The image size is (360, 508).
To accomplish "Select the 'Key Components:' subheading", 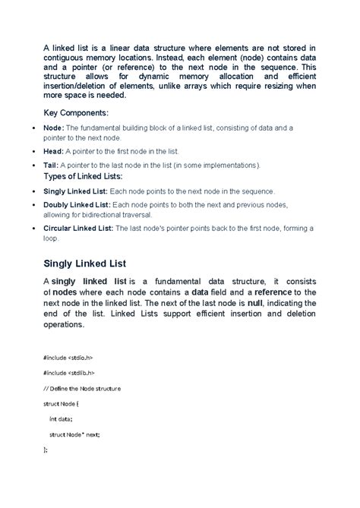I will pyautogui.click(x=76, y=112).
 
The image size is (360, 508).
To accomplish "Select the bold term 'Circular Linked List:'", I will pyautogui.click(x=78, y=228).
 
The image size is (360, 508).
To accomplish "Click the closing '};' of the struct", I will pyautogui.click(x=46, y=450).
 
